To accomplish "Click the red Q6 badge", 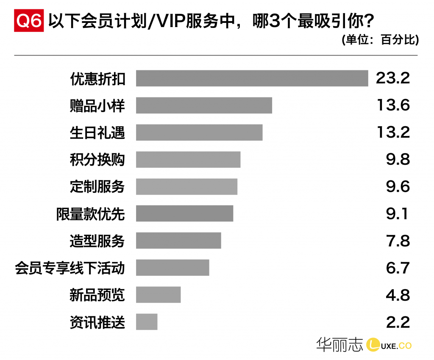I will (x=29, y=22).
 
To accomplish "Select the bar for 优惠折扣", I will (x=252, y=78).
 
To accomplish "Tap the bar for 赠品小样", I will (x=204, y=105).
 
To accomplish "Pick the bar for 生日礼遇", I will (x=199, y=133).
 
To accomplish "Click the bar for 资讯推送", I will (x=147, y=322).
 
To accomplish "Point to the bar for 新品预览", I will (x=158, y=295).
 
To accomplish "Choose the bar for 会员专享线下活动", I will (x=172, y=268).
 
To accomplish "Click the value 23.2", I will (x=393, y=78).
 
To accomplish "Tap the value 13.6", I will (x=393, y=105).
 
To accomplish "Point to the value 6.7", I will (x=398, y=268).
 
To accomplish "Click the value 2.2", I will (x=398, y=322).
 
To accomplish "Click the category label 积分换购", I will (x=97, y=160).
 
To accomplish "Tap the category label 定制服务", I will (x=97, y=187).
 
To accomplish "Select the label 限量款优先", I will (x=91, y=214).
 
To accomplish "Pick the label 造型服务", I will (x=97, y=241).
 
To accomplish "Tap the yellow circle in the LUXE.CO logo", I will (x=373, y=345).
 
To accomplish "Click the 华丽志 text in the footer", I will (x=339, y=345).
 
